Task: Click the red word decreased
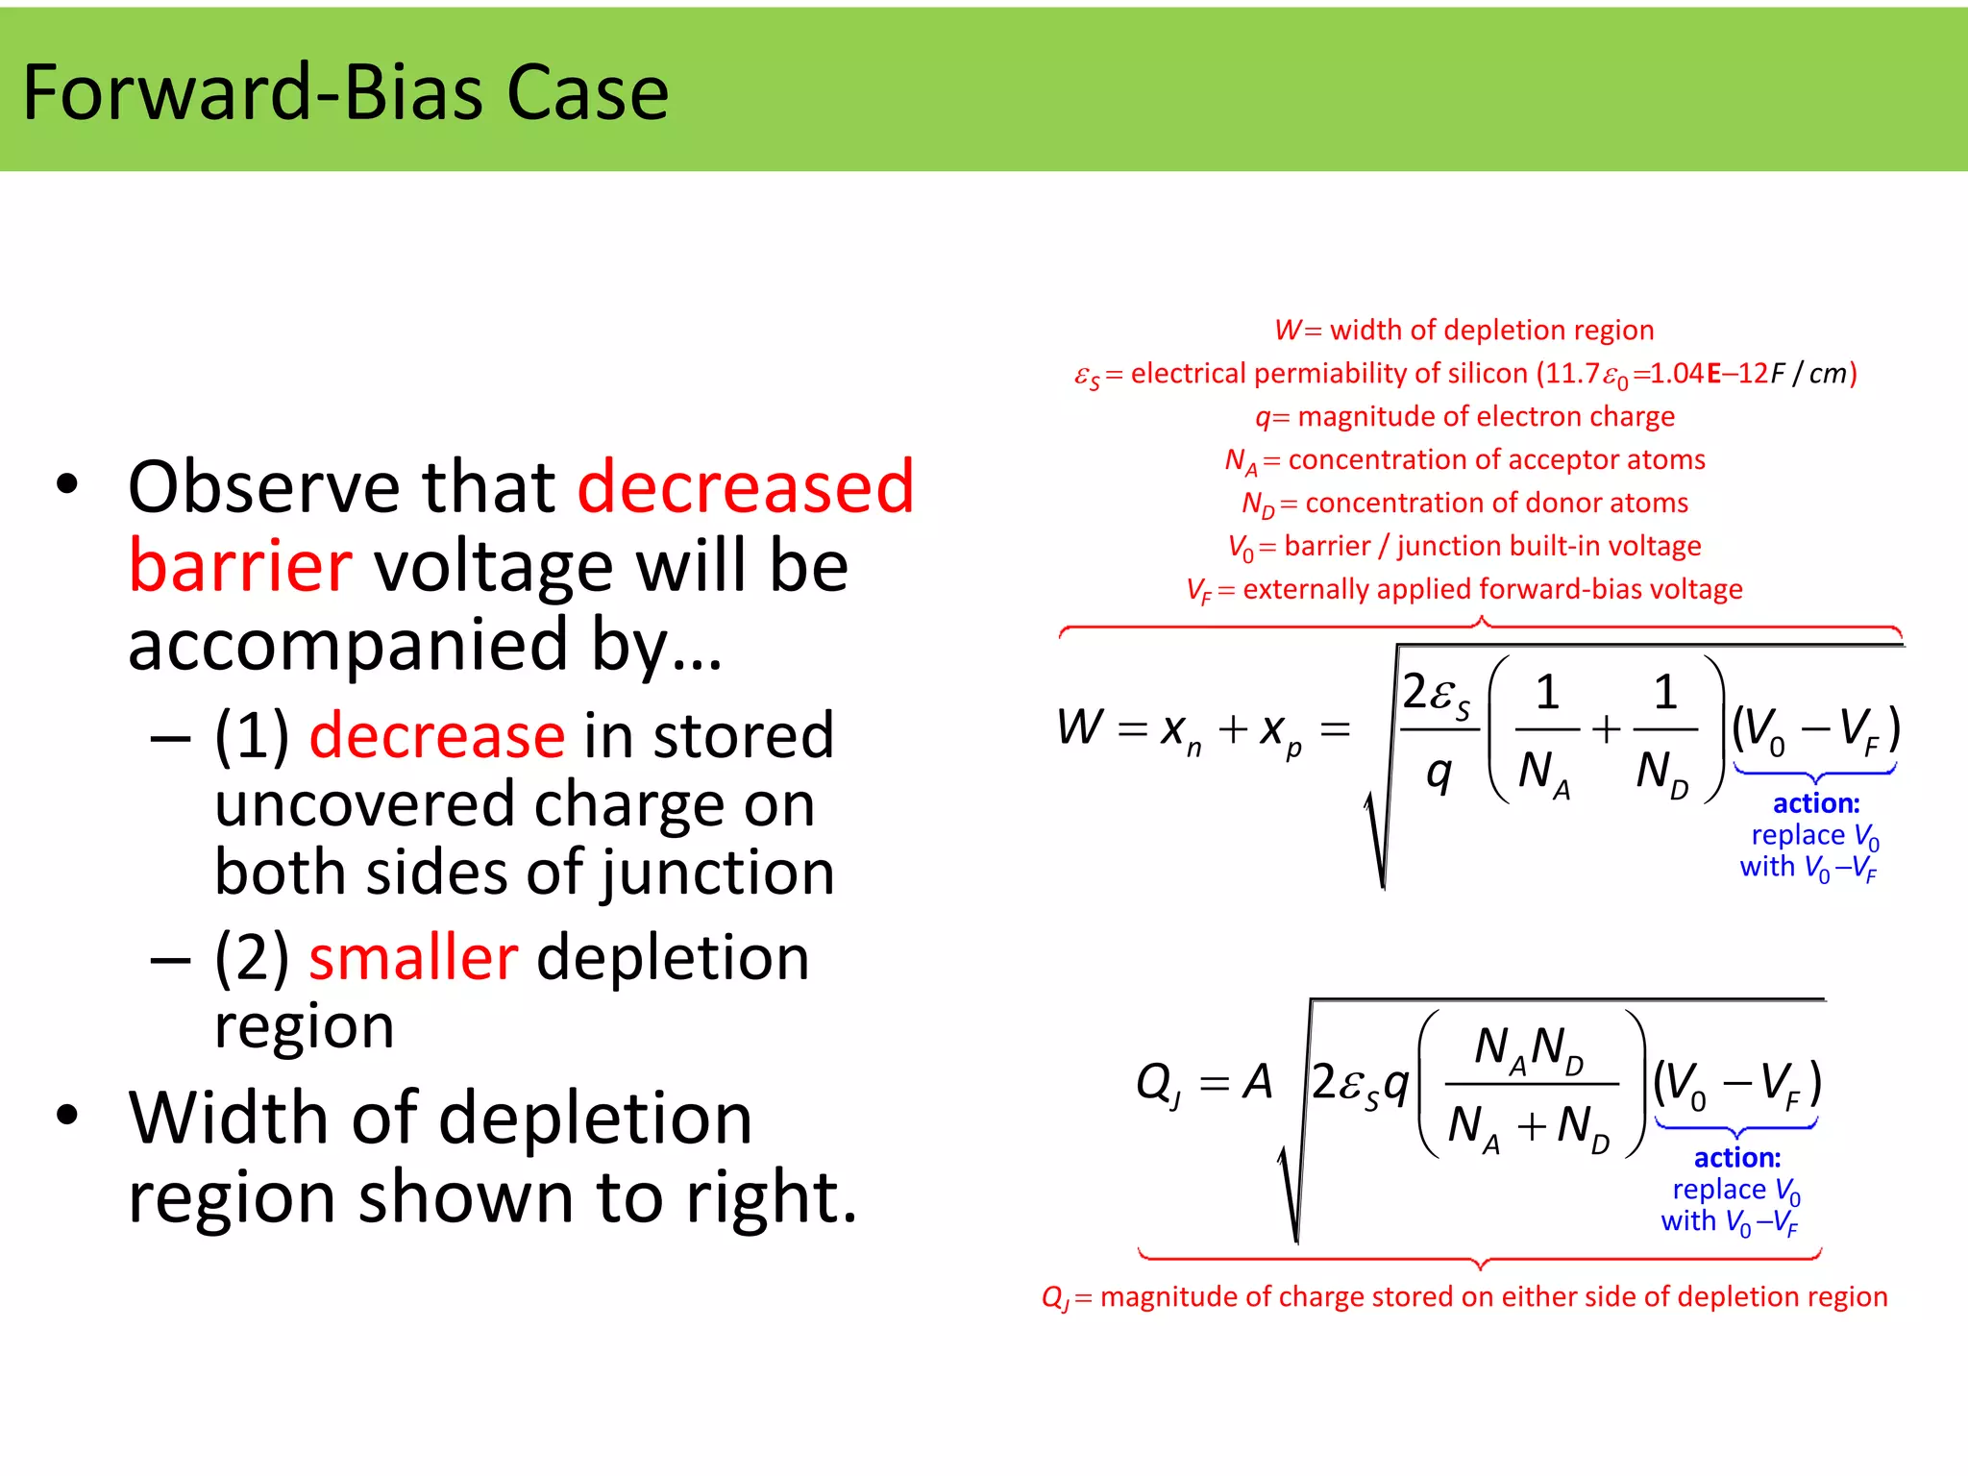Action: point(746,487)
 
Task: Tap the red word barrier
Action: point(240,566)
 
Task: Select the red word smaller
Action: point(413,958)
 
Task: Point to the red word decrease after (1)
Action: point(437,736)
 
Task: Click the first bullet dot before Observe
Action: point(66,484)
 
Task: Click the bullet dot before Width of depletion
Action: point(66,1115)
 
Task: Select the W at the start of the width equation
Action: point(1079,726)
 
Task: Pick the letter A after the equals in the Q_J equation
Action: point(1257,1083)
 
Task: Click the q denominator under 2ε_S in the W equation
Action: point(1439,772)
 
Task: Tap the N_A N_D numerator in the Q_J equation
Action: point(1529,1048)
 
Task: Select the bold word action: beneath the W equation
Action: point(1815,803)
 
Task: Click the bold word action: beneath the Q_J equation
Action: point(1736,1158)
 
